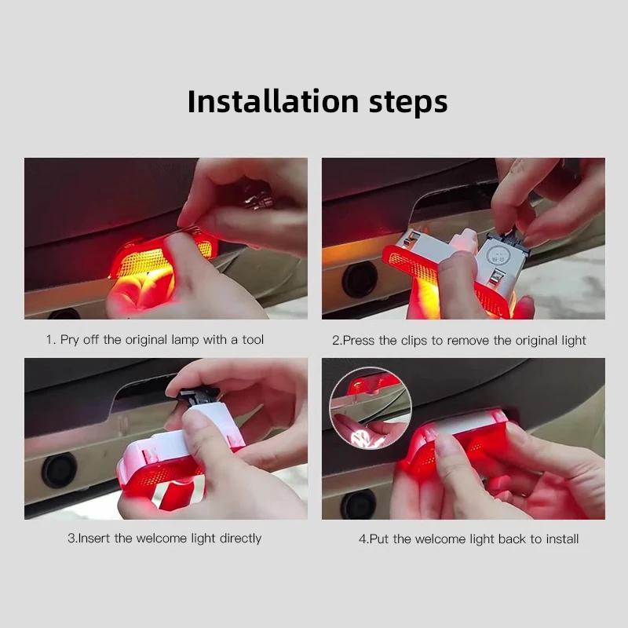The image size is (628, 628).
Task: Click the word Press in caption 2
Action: (x=359, y=341)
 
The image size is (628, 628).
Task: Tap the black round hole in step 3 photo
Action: (x=59, y=470)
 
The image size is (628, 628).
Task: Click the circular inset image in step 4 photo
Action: (x=365, y=405)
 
